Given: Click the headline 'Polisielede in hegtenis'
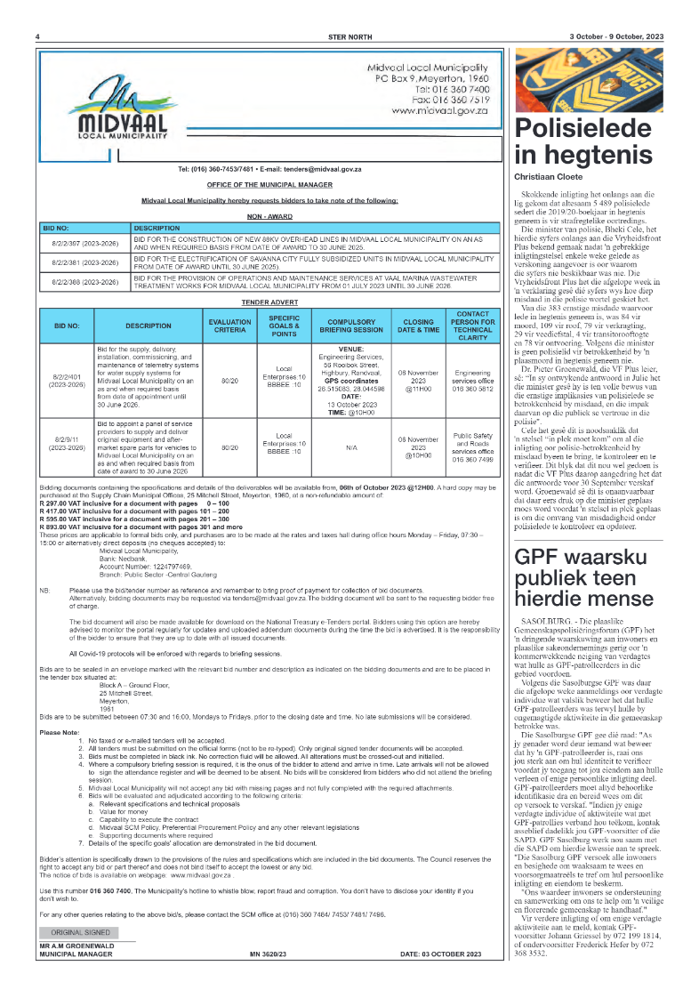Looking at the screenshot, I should (587, 141).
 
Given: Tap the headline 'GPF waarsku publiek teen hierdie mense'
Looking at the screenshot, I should (588, 556).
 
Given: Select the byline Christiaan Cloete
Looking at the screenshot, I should (546, 178).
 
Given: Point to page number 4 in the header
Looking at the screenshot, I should (37, 36).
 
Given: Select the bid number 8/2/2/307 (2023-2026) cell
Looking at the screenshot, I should (84, 241).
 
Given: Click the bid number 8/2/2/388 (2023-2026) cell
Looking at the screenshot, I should (84, 281).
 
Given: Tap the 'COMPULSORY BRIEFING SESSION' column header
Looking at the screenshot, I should (346, 326).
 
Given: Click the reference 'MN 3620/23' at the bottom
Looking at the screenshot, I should (269, 954).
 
